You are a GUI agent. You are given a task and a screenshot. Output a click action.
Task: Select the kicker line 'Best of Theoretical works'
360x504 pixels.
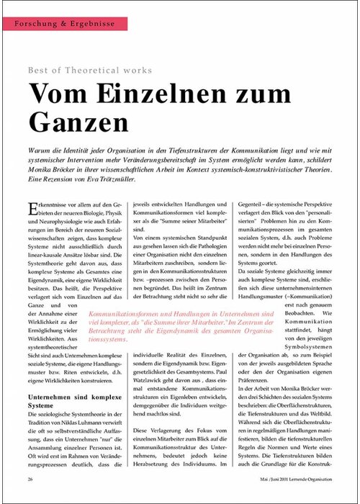[x=90, y=71]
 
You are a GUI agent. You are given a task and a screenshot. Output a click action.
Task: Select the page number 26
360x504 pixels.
[x=30, y=480]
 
